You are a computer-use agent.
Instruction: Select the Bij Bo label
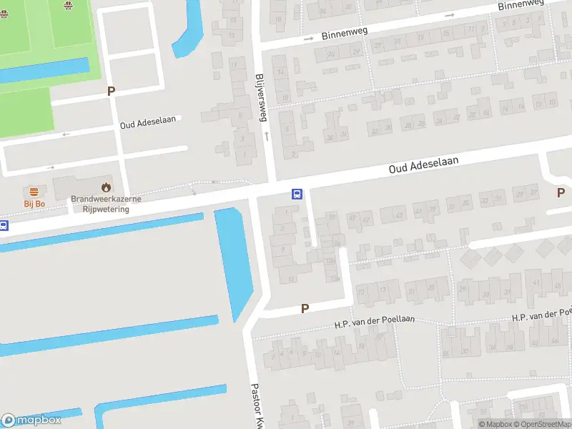(34, 204)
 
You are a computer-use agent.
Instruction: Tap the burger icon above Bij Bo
(34, 192)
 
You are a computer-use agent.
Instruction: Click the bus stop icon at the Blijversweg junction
(296, 193)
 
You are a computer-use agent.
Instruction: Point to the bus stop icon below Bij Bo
(3, 226)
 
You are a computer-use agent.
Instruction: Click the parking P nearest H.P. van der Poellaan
(305, 309)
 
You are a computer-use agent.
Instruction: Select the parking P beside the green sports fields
(111, 91)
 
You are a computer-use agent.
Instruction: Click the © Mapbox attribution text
(495, 424)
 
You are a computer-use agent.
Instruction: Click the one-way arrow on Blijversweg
(267, 135)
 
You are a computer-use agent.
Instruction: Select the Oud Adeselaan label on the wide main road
(423, 165)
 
